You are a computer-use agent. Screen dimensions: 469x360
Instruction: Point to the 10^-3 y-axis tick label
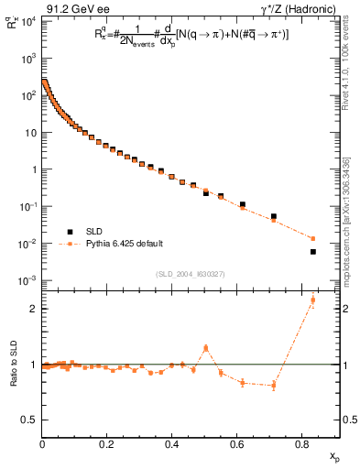27,280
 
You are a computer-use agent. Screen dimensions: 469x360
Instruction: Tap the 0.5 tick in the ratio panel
31,420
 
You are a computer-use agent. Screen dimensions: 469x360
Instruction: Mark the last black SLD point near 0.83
313,252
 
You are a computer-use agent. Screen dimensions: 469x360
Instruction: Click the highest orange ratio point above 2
313,300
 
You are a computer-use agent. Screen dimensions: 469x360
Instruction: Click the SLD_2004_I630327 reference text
190,273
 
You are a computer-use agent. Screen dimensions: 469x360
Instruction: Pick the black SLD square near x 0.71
274,217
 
